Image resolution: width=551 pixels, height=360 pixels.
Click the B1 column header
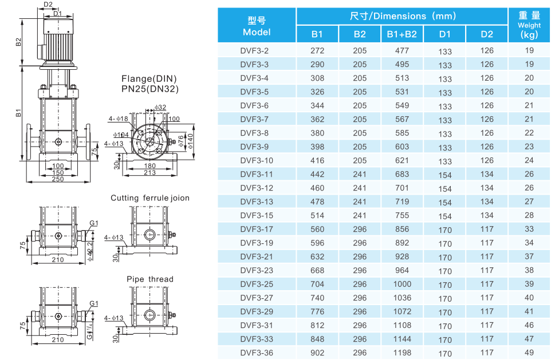(317, 34)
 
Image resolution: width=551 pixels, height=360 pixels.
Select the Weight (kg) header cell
(529, 25)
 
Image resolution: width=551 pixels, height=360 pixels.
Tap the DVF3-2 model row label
(254, 51)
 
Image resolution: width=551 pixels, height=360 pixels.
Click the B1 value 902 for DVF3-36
(317, 353)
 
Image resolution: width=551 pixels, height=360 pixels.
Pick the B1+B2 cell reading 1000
(402, 284)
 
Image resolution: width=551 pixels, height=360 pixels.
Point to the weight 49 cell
(529, 353)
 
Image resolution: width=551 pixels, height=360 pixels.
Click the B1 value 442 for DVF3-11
(317, 175)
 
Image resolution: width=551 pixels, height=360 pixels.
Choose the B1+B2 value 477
(402, 51)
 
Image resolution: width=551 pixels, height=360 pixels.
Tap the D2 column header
(487, 34)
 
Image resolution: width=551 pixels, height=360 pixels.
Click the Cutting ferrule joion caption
(150, 198)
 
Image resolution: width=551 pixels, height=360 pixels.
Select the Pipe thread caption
(150, 279)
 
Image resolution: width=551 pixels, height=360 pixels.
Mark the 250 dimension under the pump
(58, 179)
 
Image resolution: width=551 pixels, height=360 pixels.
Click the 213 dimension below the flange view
(150, 172)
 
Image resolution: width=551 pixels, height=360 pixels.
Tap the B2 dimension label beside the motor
(18, 42)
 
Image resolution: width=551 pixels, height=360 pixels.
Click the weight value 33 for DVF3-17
(529, 230)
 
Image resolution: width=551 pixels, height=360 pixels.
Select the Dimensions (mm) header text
(402, 16)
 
